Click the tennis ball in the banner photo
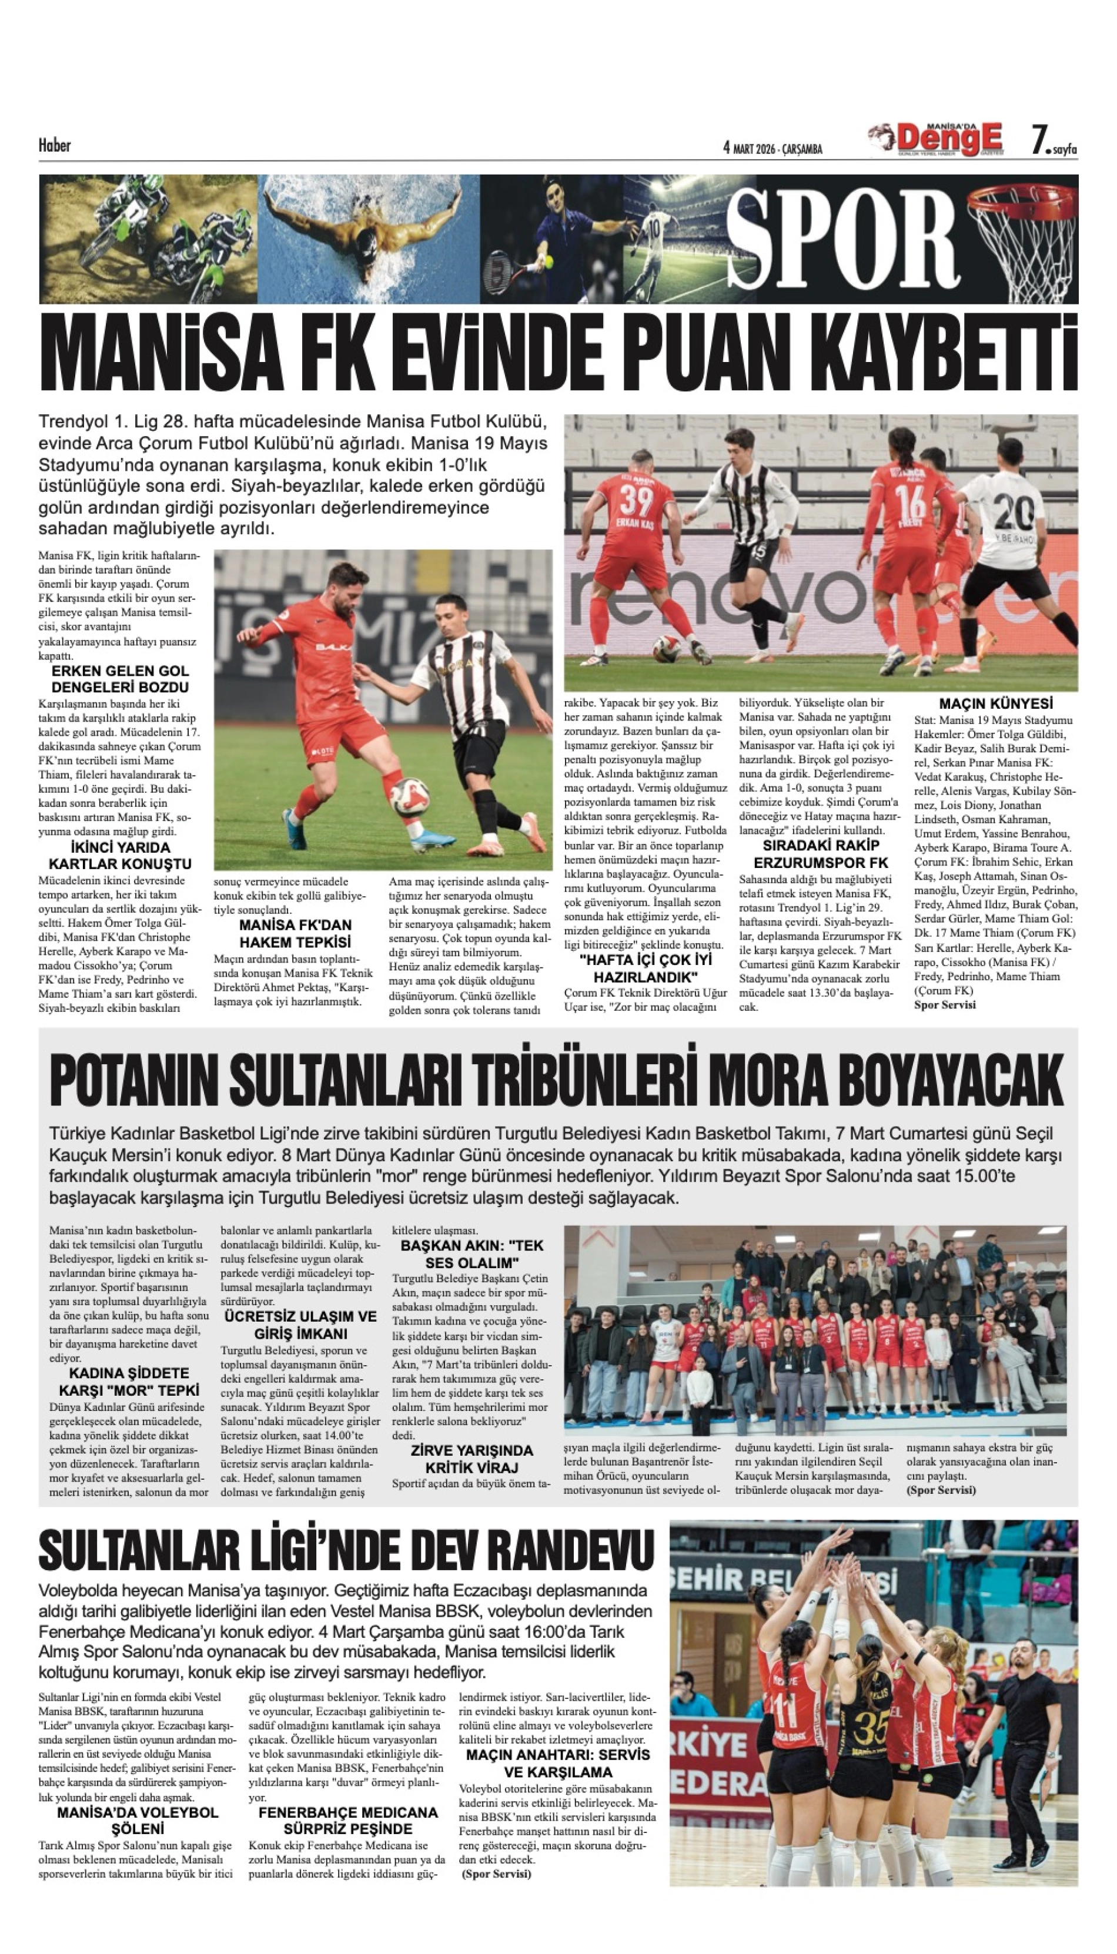(549, 262)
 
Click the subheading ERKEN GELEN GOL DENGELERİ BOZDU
(120, 679)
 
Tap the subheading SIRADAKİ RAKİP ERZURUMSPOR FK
(821, 853)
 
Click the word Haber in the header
(55, 145)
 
